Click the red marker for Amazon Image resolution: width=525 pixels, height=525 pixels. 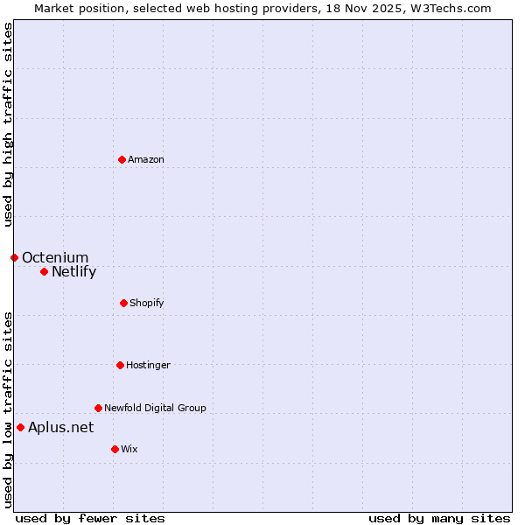(x=122, y=159)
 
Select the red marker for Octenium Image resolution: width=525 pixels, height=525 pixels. (x=14, y=257)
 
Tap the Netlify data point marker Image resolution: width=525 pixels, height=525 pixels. (x=44, y=271)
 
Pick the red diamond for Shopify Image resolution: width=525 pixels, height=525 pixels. (x=123, y=303)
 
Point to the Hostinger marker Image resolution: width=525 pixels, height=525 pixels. (x=120, y=365)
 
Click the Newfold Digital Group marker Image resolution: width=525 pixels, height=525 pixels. (x=98, y=408)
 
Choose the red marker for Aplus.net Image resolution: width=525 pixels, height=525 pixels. (x=20, y=427)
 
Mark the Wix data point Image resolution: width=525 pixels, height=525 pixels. (x=115, y=449)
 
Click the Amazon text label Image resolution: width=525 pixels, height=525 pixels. (x=146, y=159)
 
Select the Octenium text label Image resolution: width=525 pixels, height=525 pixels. (x=55, y=257)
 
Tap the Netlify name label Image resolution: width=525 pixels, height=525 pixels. (x=73, y=271)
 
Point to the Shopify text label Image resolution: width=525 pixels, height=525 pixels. (x=147, y=303)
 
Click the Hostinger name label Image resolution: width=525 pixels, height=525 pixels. (x=148, y=365)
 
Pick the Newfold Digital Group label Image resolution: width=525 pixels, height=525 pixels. (x=155, y=408)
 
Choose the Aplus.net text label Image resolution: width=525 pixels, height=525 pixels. (x=60, y=427)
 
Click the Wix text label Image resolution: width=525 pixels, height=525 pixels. (x=129, y=449)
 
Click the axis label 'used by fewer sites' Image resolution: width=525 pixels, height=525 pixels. (x=90, y=518)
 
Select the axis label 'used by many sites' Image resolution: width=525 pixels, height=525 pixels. (x=439, y=518)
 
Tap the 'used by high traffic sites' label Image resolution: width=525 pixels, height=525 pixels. (x=8, y=124)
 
